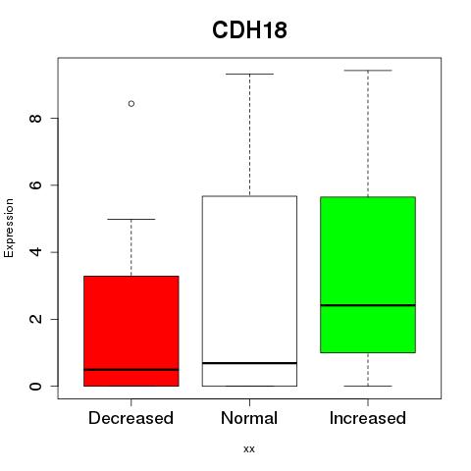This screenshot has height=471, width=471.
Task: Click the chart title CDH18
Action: click(x=249, y=30)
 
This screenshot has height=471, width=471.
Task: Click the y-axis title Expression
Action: click(x=9, y=228)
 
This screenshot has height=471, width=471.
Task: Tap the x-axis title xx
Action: click(x=249, y=449)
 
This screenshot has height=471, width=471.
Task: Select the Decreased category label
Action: click(x=131, y=418)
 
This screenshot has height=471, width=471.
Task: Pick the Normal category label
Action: click(x=249, y=418)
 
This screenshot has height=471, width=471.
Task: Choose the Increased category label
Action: click(x=368, y=418)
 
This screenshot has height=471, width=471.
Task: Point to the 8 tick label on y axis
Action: click(x=35, y=118)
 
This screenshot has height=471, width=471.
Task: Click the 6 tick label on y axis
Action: click(x=35, y=184)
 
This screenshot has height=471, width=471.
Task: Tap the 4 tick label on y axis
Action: click(x=35, y=252)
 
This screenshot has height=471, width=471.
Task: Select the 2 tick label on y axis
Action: click(x=35, y=319)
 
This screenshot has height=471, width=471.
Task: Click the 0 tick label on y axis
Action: click(x=35, y=386)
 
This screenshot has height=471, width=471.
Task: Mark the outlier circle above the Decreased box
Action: click(x=131, y=104)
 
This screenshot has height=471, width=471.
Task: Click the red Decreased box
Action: click(x=131, y=331)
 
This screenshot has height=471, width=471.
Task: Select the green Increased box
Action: click(x=368, y=275)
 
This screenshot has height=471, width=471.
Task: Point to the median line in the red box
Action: click(x=131, y=370)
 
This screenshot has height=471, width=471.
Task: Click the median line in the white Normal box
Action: click(x=249, y=363)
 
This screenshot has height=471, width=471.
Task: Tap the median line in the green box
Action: click(x=368, y=305)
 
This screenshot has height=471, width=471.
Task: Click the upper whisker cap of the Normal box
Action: click(x=249, y=74)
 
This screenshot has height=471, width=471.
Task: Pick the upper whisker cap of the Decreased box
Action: click(x=131, y=219)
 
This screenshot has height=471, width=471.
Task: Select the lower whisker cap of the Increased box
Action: click(x=368, y=386)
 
